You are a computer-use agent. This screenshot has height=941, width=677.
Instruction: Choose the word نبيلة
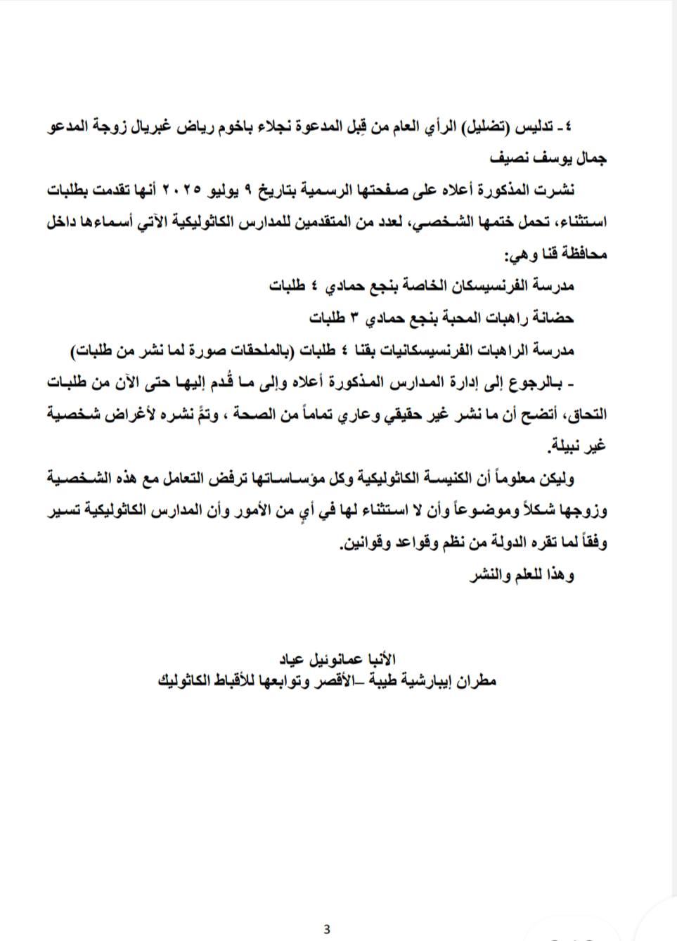(x=572, y=446)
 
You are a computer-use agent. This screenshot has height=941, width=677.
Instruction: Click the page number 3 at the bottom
(x=327, y=929)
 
